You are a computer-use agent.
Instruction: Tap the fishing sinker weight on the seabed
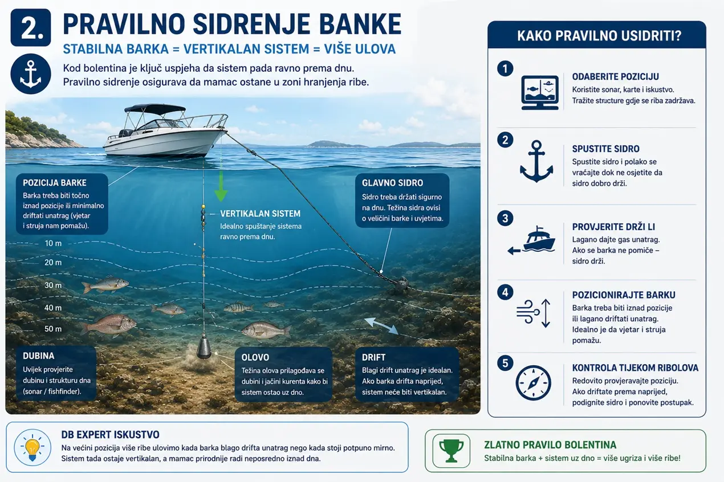pyautogui.click(x=204, y=348)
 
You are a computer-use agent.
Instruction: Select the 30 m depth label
pyautogui.click(x=53, y=285)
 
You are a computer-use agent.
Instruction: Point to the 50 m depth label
pyautogui.click(x=53, y=329)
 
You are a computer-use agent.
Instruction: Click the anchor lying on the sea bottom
pyautogui.click(x=400, y=285)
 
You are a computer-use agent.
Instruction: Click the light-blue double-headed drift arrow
pyautogui.click(x=381, y=326)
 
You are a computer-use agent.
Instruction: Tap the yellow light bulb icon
pyautogui.click(x=32, y=447)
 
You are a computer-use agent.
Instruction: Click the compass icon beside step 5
pyautogui.click(x=533, y=383)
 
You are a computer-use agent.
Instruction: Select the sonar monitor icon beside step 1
pyautogui.click(x=540, y=93)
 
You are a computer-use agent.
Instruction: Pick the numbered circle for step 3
pyautogui.click(x=505, y=218)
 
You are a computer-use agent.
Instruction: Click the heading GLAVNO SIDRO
pyautogui.click(x=392, y=183)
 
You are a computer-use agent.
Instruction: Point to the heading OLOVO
pyautogui.click(x=255, y=357)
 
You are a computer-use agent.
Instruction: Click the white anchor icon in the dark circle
pyautogui.click(x=31, y=74)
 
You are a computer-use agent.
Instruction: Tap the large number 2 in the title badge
pyautogui.click(x=31, y=28)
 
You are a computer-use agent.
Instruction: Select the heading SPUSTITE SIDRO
pyautogui.click(x=605, y=149)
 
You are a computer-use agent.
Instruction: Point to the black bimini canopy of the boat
pyautogui.click(x=154, y=108)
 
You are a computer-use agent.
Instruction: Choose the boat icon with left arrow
pyautogui.click(x=532, y=240)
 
